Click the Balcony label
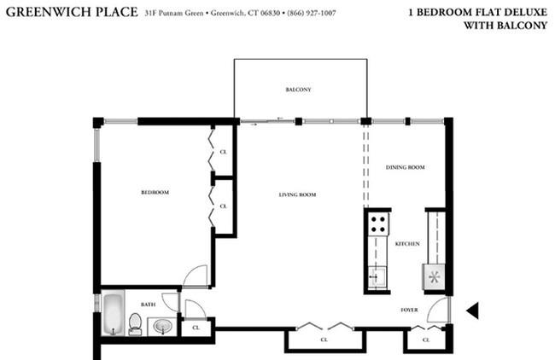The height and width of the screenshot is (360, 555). (x=298, y=90)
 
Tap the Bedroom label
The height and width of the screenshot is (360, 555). (x=155, y=193)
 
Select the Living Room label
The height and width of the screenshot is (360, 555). (x=297, y=195)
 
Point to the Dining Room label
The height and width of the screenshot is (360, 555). (x=406, y=167)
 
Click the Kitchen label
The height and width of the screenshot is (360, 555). (x=407, y=244)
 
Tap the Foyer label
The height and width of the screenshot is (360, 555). (x=409, y=311)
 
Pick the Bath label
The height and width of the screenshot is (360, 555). (x=148, y=305)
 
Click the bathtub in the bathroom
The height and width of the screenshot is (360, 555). (x=114, y=313)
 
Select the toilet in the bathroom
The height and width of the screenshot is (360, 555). (x=135, y=324)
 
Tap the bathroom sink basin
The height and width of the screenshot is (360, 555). (x=163, y=327)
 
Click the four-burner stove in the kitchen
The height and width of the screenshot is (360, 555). (x=378, y=224)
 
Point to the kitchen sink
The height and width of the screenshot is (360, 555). (x=377, y=277)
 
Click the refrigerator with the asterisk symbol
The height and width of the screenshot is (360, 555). (x=434, y=277)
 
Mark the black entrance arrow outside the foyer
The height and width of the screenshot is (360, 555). (x=473, y=311)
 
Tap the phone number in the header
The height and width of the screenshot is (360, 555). (x=312, y=14)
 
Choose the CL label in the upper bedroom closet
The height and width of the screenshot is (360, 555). (x=224, y=152)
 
